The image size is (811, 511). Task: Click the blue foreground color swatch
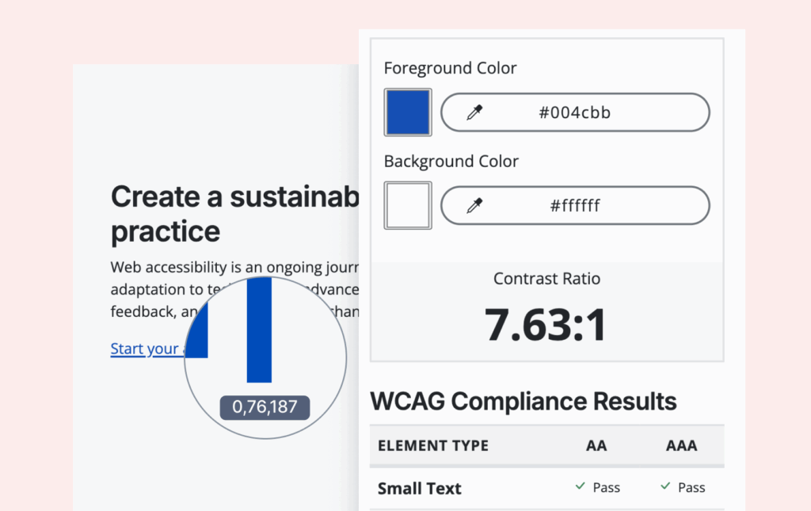click(x=408, y=112)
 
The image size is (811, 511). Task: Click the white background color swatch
click(x=408, y=206)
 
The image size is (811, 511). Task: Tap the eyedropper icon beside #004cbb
click(x=474, y=112)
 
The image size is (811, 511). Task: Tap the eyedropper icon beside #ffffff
click(x=474, y=206)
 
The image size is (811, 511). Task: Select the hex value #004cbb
click(x=575, y=112)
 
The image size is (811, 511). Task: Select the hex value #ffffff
click(x=575, y=206)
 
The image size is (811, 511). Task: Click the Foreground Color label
click(x=450, y=68)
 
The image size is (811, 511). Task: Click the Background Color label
click(x=451, y=162)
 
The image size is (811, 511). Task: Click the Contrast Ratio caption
click(x=546, y=279)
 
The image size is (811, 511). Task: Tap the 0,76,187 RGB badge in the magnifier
click(x=265, y=407)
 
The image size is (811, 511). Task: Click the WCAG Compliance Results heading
click(x=524, y=402)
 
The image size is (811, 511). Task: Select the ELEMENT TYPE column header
click(x=433, y=445)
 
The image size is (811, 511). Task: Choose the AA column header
click(x=596, y=445)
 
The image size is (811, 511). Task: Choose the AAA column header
click(x=681, y=445)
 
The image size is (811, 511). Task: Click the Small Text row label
click(x=419, y=488)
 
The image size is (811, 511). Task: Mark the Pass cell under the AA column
click(x=598, y=488)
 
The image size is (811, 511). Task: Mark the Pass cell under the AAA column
click(x=683, y=488)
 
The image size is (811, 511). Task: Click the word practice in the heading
click(x=166, y=231)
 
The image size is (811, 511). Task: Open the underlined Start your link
click(x=145, y=349)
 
